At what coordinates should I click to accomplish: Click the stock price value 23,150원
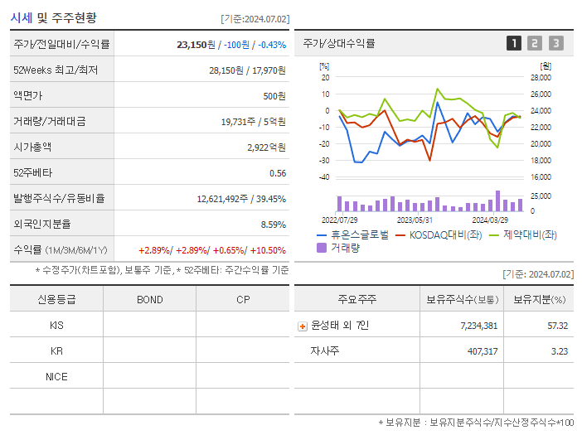(x=196, y=44)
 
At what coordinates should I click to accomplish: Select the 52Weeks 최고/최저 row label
(x=56, y=70)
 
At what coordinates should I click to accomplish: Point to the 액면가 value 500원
(x=274, y=96)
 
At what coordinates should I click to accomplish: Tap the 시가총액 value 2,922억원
(x=266, y=147)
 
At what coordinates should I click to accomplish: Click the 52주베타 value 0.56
(x=278, y=173)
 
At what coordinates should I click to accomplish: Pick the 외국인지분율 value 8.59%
(x=273, y=225)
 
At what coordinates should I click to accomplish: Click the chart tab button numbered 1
(x=514, y=43)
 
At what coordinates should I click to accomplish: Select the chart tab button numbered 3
(x=555, y=43)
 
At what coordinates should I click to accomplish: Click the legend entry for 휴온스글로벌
(x=353, y=235)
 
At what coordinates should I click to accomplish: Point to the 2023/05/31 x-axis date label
(x=415, y=220)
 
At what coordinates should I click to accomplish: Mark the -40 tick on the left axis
(x=324, y=177)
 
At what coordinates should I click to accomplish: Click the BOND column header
(x=149, y=299)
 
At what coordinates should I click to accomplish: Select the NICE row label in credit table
(x=56, y=377)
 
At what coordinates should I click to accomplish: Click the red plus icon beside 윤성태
(x=302, y=326)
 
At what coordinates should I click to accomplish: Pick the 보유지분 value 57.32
(x=557, y=326)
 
